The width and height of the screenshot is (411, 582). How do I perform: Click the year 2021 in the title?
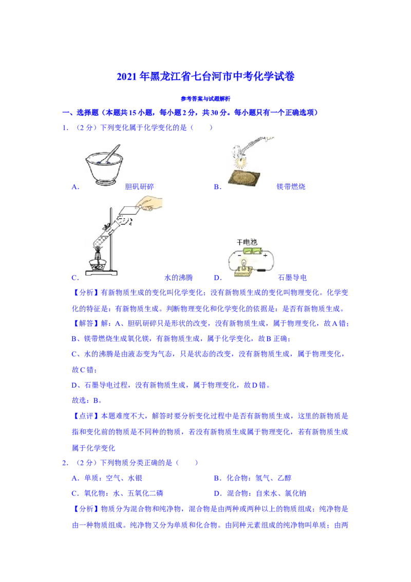[127, 77]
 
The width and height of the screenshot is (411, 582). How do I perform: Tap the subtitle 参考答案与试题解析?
[206, 99]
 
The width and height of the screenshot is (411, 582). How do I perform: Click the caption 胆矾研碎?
[139, 187]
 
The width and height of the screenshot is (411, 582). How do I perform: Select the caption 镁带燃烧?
[291, 187]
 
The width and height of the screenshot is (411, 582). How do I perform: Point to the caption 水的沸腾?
[178, 278]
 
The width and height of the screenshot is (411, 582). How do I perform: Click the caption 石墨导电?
[292, 278]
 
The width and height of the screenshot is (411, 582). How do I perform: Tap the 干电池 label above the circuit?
[247, 242]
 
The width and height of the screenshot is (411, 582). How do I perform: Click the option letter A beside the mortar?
[76, 187]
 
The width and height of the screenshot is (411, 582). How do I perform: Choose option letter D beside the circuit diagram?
[218, 278]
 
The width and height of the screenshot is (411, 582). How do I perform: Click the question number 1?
[65, 128]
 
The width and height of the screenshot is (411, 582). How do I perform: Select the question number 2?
[65, 463]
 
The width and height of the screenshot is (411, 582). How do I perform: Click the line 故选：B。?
[87, 401]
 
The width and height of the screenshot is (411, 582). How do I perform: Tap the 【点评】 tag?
[86, 416]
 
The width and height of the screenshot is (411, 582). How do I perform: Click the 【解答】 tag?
[86, 324]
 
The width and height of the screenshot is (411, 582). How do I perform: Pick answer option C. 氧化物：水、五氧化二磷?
[117, 493]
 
